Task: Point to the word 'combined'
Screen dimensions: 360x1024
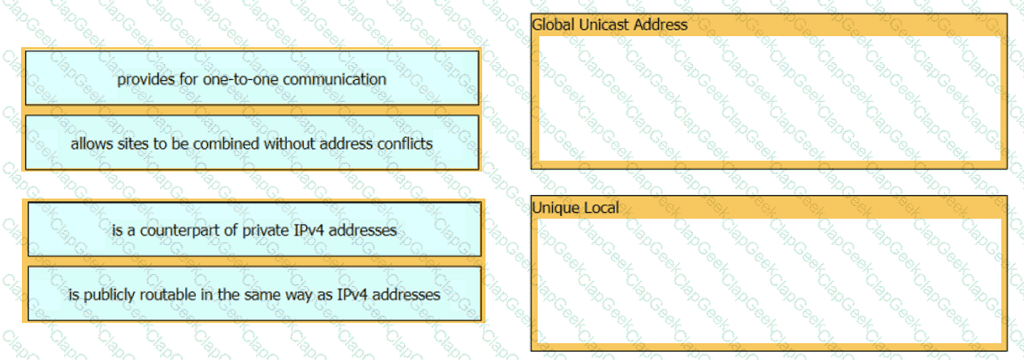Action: coord(225,144)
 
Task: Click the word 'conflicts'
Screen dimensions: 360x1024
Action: coord(402,144)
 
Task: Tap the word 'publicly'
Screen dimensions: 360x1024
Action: coord(111,294)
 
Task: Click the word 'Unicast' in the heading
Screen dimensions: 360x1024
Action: coord(604,24)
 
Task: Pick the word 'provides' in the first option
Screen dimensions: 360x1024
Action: coord(143,79)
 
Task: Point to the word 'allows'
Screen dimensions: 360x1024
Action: coord(90,144)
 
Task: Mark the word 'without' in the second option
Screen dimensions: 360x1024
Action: coord(286,144)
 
